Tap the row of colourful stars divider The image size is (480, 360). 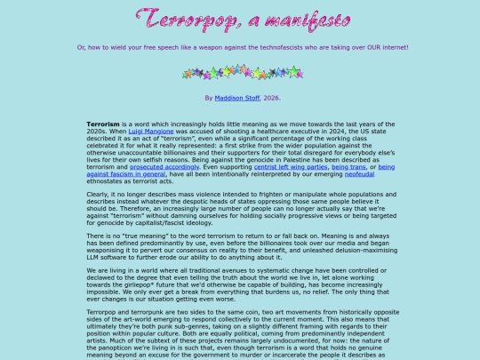pyautogui.click(x=240, y=70)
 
